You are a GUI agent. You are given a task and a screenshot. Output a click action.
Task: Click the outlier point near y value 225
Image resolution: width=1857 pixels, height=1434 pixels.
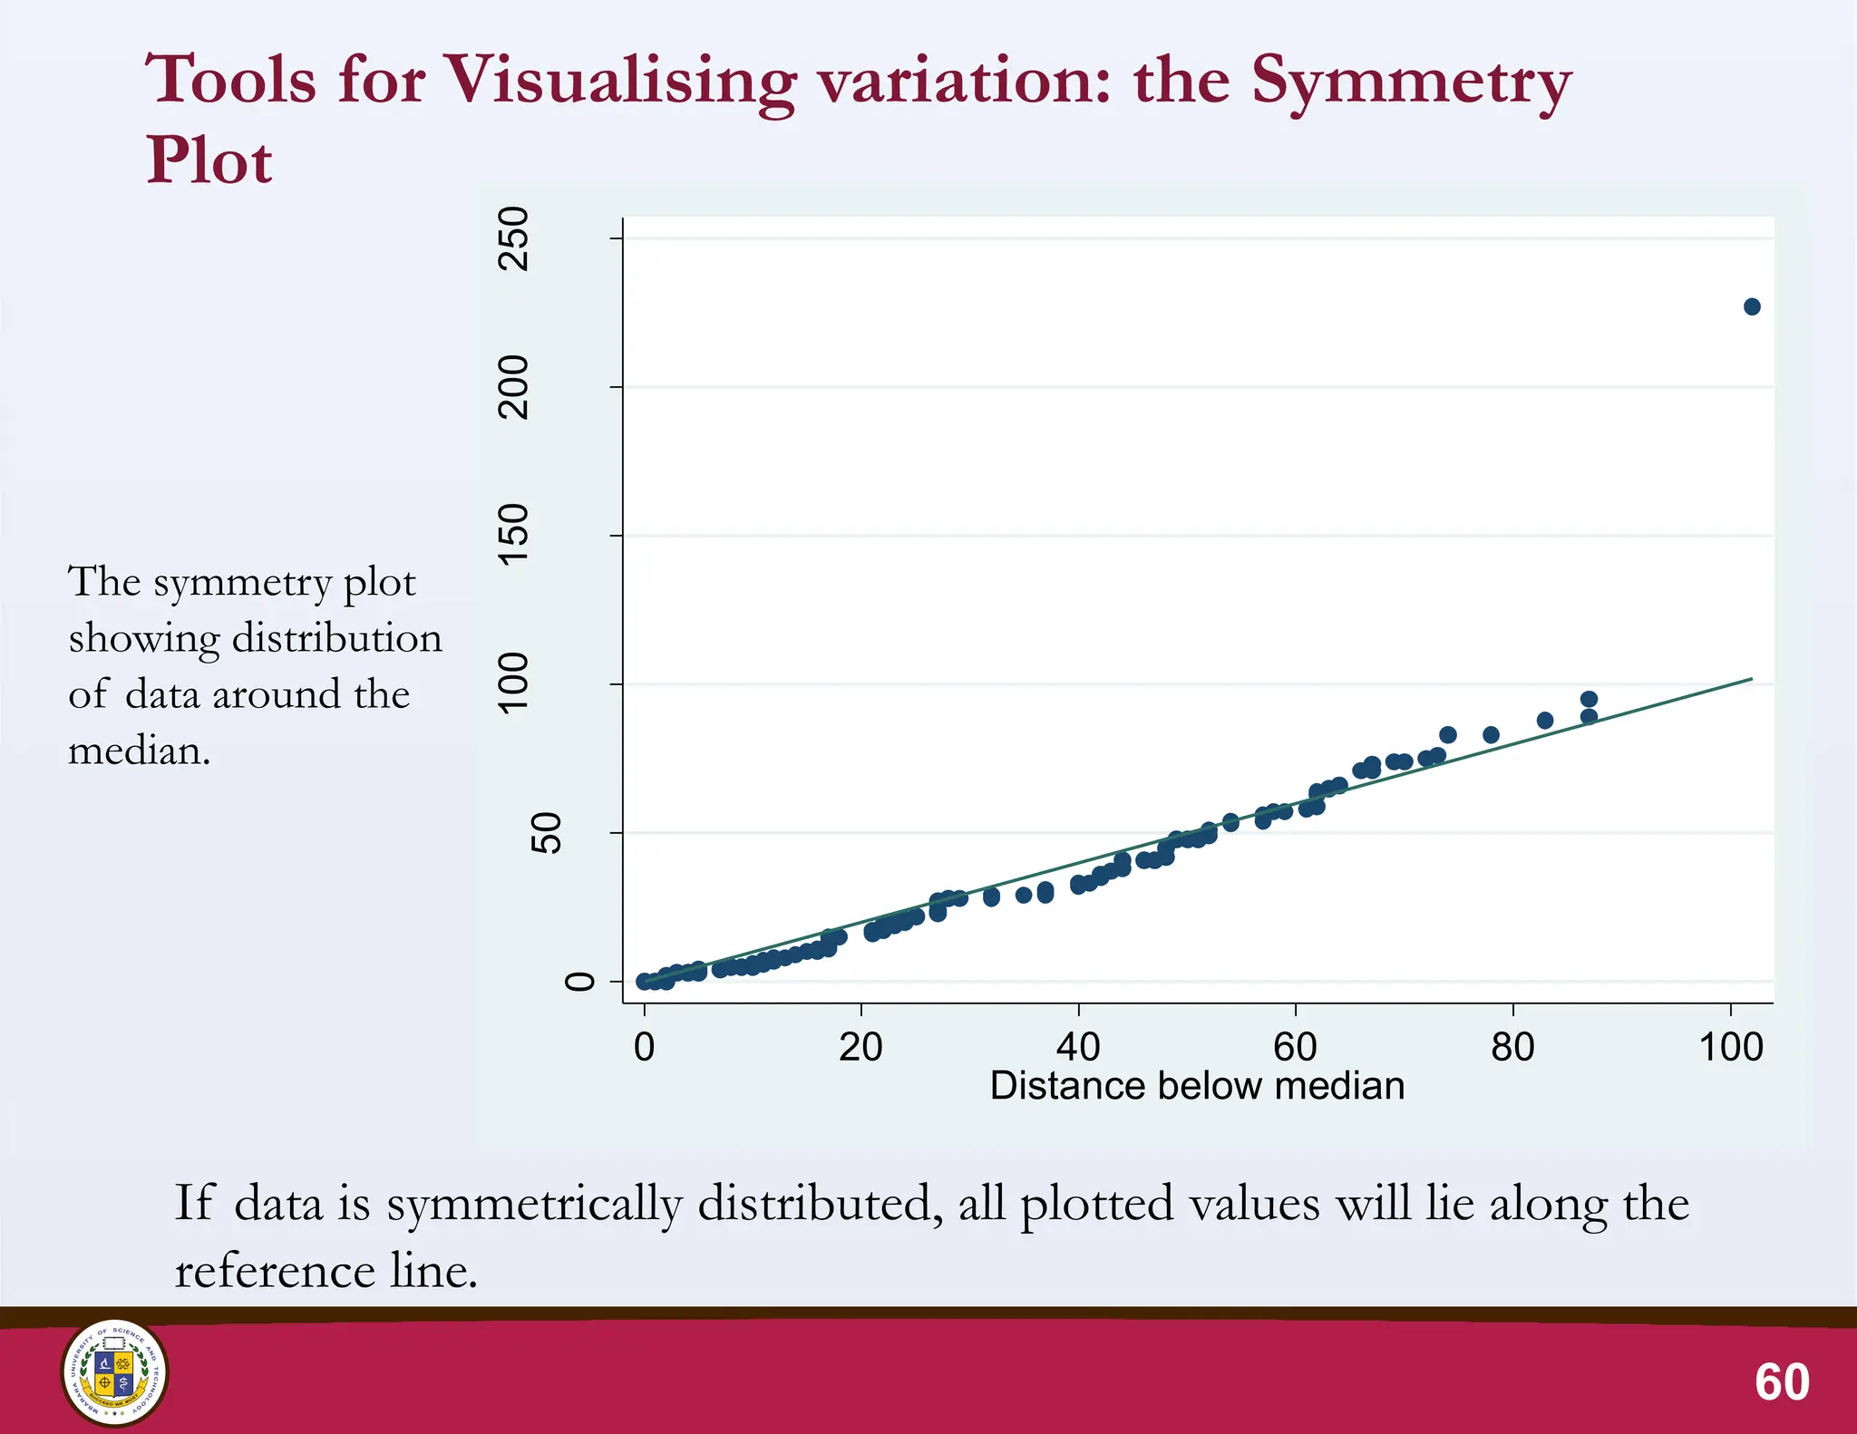1751,307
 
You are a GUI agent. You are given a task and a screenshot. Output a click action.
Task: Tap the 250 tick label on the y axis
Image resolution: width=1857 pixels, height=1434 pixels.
514,238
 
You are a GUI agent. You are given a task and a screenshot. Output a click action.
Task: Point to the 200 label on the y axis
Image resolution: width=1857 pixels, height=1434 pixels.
514,387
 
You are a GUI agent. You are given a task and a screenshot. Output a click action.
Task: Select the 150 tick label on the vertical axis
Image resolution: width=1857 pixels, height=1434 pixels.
514,535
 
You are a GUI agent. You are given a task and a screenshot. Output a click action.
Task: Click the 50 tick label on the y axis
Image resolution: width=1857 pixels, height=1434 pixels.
545,832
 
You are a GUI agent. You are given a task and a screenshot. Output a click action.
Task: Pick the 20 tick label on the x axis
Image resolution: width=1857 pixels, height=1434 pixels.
860,1048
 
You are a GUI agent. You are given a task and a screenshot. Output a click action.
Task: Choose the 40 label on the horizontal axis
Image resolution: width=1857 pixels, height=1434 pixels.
1078,1048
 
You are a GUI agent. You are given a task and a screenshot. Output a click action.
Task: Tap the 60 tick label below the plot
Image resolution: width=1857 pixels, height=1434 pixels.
1295,1048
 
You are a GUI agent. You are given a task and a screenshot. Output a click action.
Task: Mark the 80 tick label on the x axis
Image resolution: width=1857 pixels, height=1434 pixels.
1512,1048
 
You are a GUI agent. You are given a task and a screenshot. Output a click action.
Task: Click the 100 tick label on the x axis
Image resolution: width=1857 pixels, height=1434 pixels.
1730,1048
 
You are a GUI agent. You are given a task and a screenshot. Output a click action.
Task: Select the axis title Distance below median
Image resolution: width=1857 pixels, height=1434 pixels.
1197,1086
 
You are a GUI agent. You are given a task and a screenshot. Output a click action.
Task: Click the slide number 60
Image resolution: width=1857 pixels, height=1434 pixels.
1782,1382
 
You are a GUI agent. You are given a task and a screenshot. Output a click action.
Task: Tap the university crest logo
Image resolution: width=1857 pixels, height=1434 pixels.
114,1372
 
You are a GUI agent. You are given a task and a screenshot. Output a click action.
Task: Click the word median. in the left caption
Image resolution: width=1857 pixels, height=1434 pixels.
139,751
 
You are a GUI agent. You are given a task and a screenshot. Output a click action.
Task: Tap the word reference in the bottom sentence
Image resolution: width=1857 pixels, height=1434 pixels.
275,1271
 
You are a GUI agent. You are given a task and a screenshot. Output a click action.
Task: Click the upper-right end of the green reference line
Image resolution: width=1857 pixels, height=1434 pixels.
1750,679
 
